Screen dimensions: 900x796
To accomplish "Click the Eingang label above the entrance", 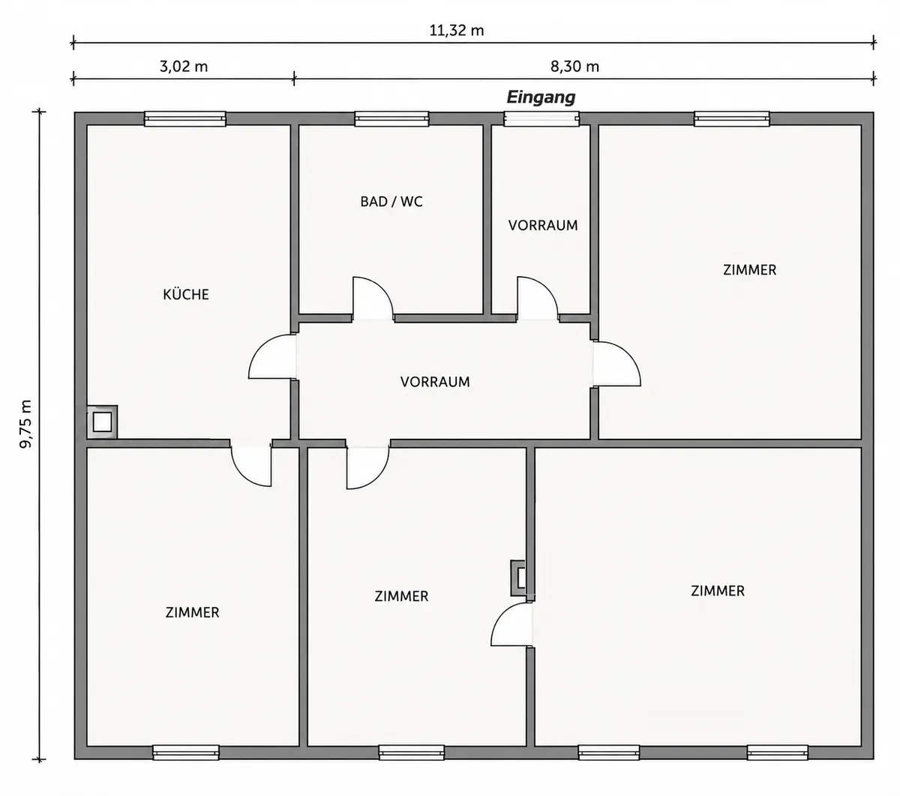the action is (x=541, y=98).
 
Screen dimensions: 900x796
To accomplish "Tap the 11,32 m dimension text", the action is (x=456, y=31).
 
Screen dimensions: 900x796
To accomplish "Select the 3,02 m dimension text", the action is (x=184, y=67).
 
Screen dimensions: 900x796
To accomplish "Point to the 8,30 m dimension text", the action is (x=574, y=67).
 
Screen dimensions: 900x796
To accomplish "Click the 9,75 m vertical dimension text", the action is (x=26, y=424).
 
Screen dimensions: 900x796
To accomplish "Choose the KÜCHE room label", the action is (x=186, y=294).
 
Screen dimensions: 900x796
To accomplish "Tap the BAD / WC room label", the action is (x=391, y=201).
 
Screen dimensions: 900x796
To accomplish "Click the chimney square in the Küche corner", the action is (x=102, y=422).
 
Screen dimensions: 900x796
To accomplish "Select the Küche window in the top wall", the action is (x=184, y=119).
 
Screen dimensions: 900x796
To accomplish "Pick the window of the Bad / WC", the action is (x=391, y=119).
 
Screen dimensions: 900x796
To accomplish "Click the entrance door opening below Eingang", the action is (x=541, y=119).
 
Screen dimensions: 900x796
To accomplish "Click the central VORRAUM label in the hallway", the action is (x=435, y=382).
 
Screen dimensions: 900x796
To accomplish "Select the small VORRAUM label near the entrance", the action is (x=543, y=225).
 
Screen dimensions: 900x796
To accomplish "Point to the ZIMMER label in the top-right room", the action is (x=749, y=270).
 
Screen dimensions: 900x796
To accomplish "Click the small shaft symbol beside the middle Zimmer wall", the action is (x=518, y=578).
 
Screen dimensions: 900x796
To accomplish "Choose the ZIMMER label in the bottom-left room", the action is (x=192, y=612).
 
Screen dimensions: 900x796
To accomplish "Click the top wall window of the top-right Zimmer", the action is (x=732, y=119).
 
